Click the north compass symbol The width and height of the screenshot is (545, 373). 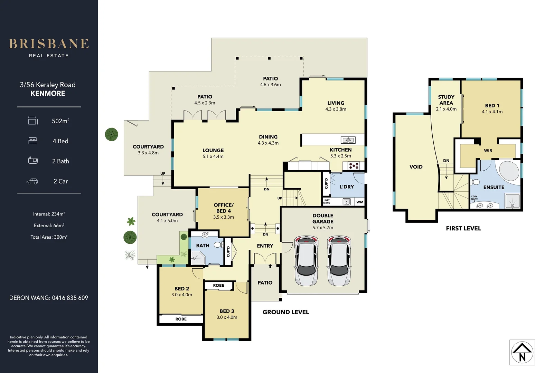[x=522, y=353]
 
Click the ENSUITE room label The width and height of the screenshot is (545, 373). [x=494, y=187]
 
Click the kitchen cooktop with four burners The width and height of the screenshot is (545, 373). [x=354, y=166]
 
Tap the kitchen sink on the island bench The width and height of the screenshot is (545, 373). [x=348, y=140]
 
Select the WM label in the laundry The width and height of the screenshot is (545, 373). [x=360, y=202]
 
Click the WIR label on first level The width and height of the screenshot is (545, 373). [x=488, y=151]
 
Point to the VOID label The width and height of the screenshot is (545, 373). [x=416, y=167]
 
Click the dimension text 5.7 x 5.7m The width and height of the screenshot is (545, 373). [x=323, y=228]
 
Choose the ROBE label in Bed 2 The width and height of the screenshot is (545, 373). [x=181, y=319]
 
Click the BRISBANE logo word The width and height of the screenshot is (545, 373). [x=49, y=44]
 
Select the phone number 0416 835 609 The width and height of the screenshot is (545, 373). [x=70, y=298]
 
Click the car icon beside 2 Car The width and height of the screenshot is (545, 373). [x=32, y=181]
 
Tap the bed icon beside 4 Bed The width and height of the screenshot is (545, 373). [x=32, y=141]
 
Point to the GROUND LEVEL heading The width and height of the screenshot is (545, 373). [x=285, y=312]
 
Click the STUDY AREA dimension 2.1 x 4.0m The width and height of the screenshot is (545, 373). [x=446, y=109]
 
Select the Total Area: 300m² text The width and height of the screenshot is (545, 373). [x=49, y=237]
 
